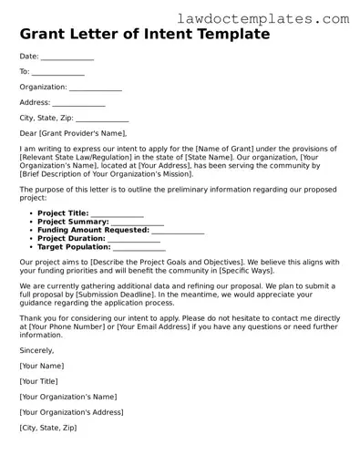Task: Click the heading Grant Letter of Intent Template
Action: click(145, 35)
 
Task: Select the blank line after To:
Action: click(58, 72)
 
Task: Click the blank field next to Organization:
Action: click(96, 88)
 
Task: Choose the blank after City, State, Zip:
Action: click(102, 119)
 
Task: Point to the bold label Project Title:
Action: click(63, 213)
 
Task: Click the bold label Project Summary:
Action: click(73, 222)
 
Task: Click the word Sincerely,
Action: click(36, 349)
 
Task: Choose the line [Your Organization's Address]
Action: click(71, 411)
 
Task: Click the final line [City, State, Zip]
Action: click(48, 427)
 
